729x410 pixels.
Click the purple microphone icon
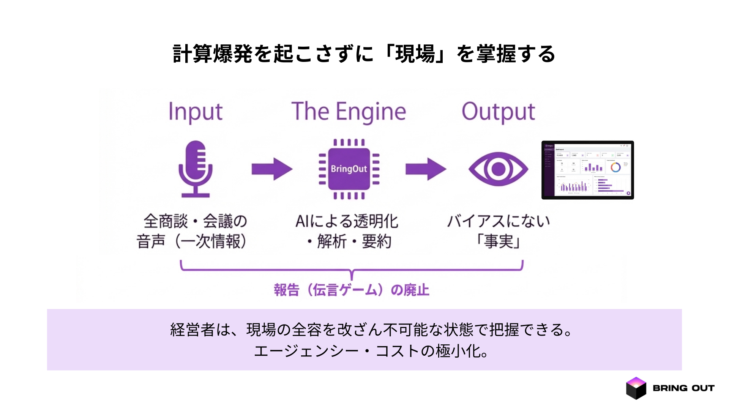196,169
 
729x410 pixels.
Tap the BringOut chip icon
349,169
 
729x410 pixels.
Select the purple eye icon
498,169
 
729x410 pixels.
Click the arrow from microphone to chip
272,169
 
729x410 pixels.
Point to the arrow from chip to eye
426,169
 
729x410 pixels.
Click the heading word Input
196,112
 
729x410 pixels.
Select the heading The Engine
349,112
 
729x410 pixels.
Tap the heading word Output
498,112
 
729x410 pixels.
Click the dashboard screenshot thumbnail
587,170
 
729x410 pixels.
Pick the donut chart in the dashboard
615,167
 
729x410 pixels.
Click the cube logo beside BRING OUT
636,388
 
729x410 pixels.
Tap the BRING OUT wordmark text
683,388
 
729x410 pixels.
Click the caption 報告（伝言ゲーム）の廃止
352,290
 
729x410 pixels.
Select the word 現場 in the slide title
415,54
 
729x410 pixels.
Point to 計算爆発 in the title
213,54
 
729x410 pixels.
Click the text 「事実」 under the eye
498,241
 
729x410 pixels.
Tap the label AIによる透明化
347,221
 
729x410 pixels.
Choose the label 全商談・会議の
196,221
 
